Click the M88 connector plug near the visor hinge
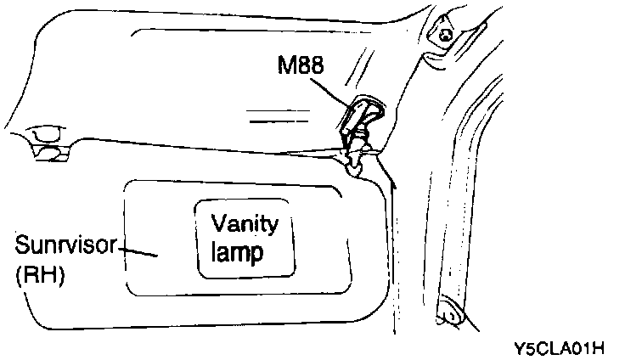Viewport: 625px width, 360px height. pyautogui.click(x=363, y=115)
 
